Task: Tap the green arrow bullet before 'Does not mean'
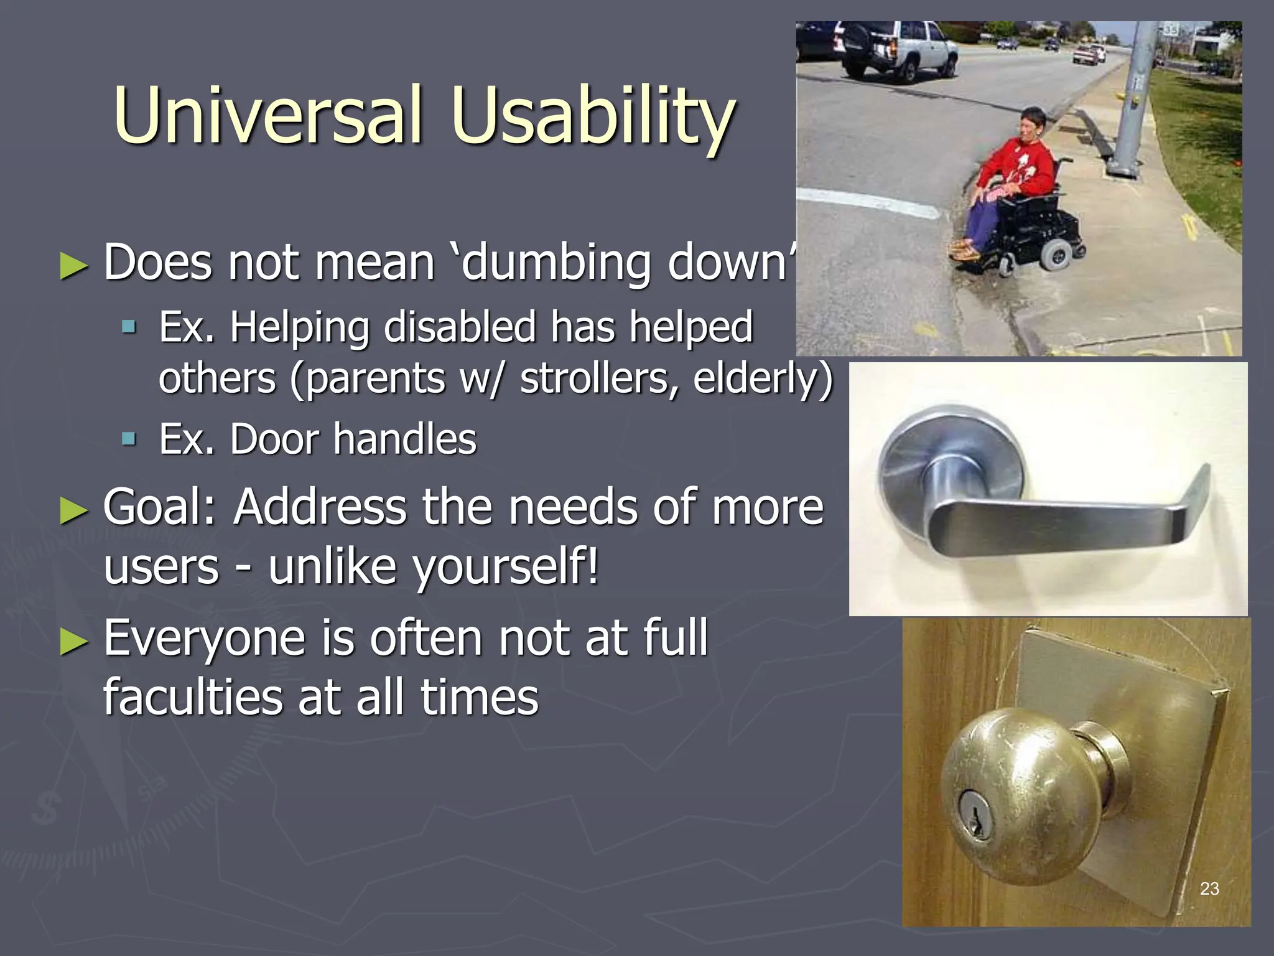[74, 266]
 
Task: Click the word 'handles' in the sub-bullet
[405, 439]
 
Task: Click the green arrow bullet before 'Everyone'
[74, 641]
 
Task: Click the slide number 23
[1209, 889]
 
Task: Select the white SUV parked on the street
[896, 50]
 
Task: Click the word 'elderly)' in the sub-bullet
[762, 378]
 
